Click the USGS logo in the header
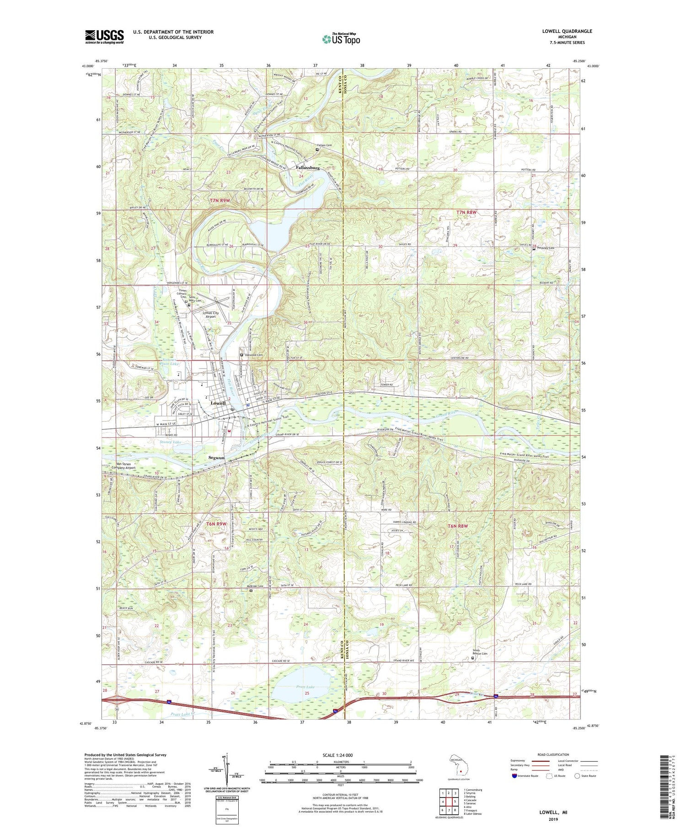point(104,37)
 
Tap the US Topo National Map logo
point(341,39)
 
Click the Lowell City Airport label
point(210,315)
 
